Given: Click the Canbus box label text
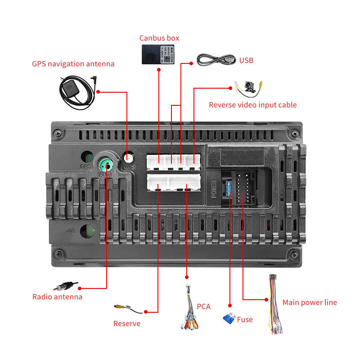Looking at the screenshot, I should (x=159, y=38).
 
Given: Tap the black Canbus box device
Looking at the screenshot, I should (x=159, y=54).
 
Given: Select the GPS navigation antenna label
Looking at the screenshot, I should (x=73, y=64).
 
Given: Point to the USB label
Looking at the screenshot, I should (x=246, y=60).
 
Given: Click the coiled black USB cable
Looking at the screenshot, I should (x=216, y=59).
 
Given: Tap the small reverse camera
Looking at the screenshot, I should (x=248, y=86).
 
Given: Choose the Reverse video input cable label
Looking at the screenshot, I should (x=252, y=105).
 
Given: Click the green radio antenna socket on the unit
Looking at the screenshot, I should (x=106, y=163).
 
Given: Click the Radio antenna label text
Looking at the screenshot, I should (x=57, y=297).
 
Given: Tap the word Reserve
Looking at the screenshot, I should (x=127, y=324).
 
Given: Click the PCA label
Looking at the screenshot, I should (x=203, y=306).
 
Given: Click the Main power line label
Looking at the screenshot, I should (x=310, y=302).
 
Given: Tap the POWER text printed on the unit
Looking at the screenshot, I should (x=214, y=189).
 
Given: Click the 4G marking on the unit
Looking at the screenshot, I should (x=71, y=231).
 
